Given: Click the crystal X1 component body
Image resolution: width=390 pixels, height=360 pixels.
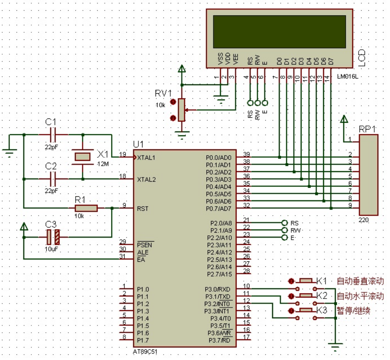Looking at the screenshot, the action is [82, 157].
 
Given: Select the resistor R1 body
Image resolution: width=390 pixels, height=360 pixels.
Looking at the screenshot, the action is [86, 208].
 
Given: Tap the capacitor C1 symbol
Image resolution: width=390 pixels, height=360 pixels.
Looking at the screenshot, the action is [53, 134].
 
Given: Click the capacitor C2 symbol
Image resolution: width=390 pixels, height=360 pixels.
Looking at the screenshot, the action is [53, 179].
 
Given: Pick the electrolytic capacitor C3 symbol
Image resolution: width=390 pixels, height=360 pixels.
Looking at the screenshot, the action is [53, 237].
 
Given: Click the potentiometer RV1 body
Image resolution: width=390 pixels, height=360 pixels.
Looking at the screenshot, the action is [182, 110].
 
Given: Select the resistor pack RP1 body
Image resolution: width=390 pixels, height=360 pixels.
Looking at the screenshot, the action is [368, 175].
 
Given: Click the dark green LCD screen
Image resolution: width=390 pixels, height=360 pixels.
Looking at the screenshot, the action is [279, 31].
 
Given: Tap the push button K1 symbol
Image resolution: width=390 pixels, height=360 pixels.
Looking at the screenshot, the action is [306, 285].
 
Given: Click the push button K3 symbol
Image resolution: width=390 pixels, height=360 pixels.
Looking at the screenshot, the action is [306, 314].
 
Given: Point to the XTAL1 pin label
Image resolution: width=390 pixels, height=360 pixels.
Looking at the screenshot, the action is [146, 158].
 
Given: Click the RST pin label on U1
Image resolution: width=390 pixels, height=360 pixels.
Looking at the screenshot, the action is [143, 208].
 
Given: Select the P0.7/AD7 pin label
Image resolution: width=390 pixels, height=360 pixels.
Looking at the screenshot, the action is [218, 208].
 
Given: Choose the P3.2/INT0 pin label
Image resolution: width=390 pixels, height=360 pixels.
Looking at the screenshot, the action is [217, 304].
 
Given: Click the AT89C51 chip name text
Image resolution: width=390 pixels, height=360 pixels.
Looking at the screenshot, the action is [145, 352].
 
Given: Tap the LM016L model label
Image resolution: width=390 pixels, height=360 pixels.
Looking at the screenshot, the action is [348, 76].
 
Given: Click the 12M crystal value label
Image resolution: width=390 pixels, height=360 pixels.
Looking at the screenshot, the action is [103, 164].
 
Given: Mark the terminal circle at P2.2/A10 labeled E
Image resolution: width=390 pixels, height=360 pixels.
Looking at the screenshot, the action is [285, 237].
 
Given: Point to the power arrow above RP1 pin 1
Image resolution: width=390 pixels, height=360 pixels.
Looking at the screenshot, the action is [344, 119].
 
